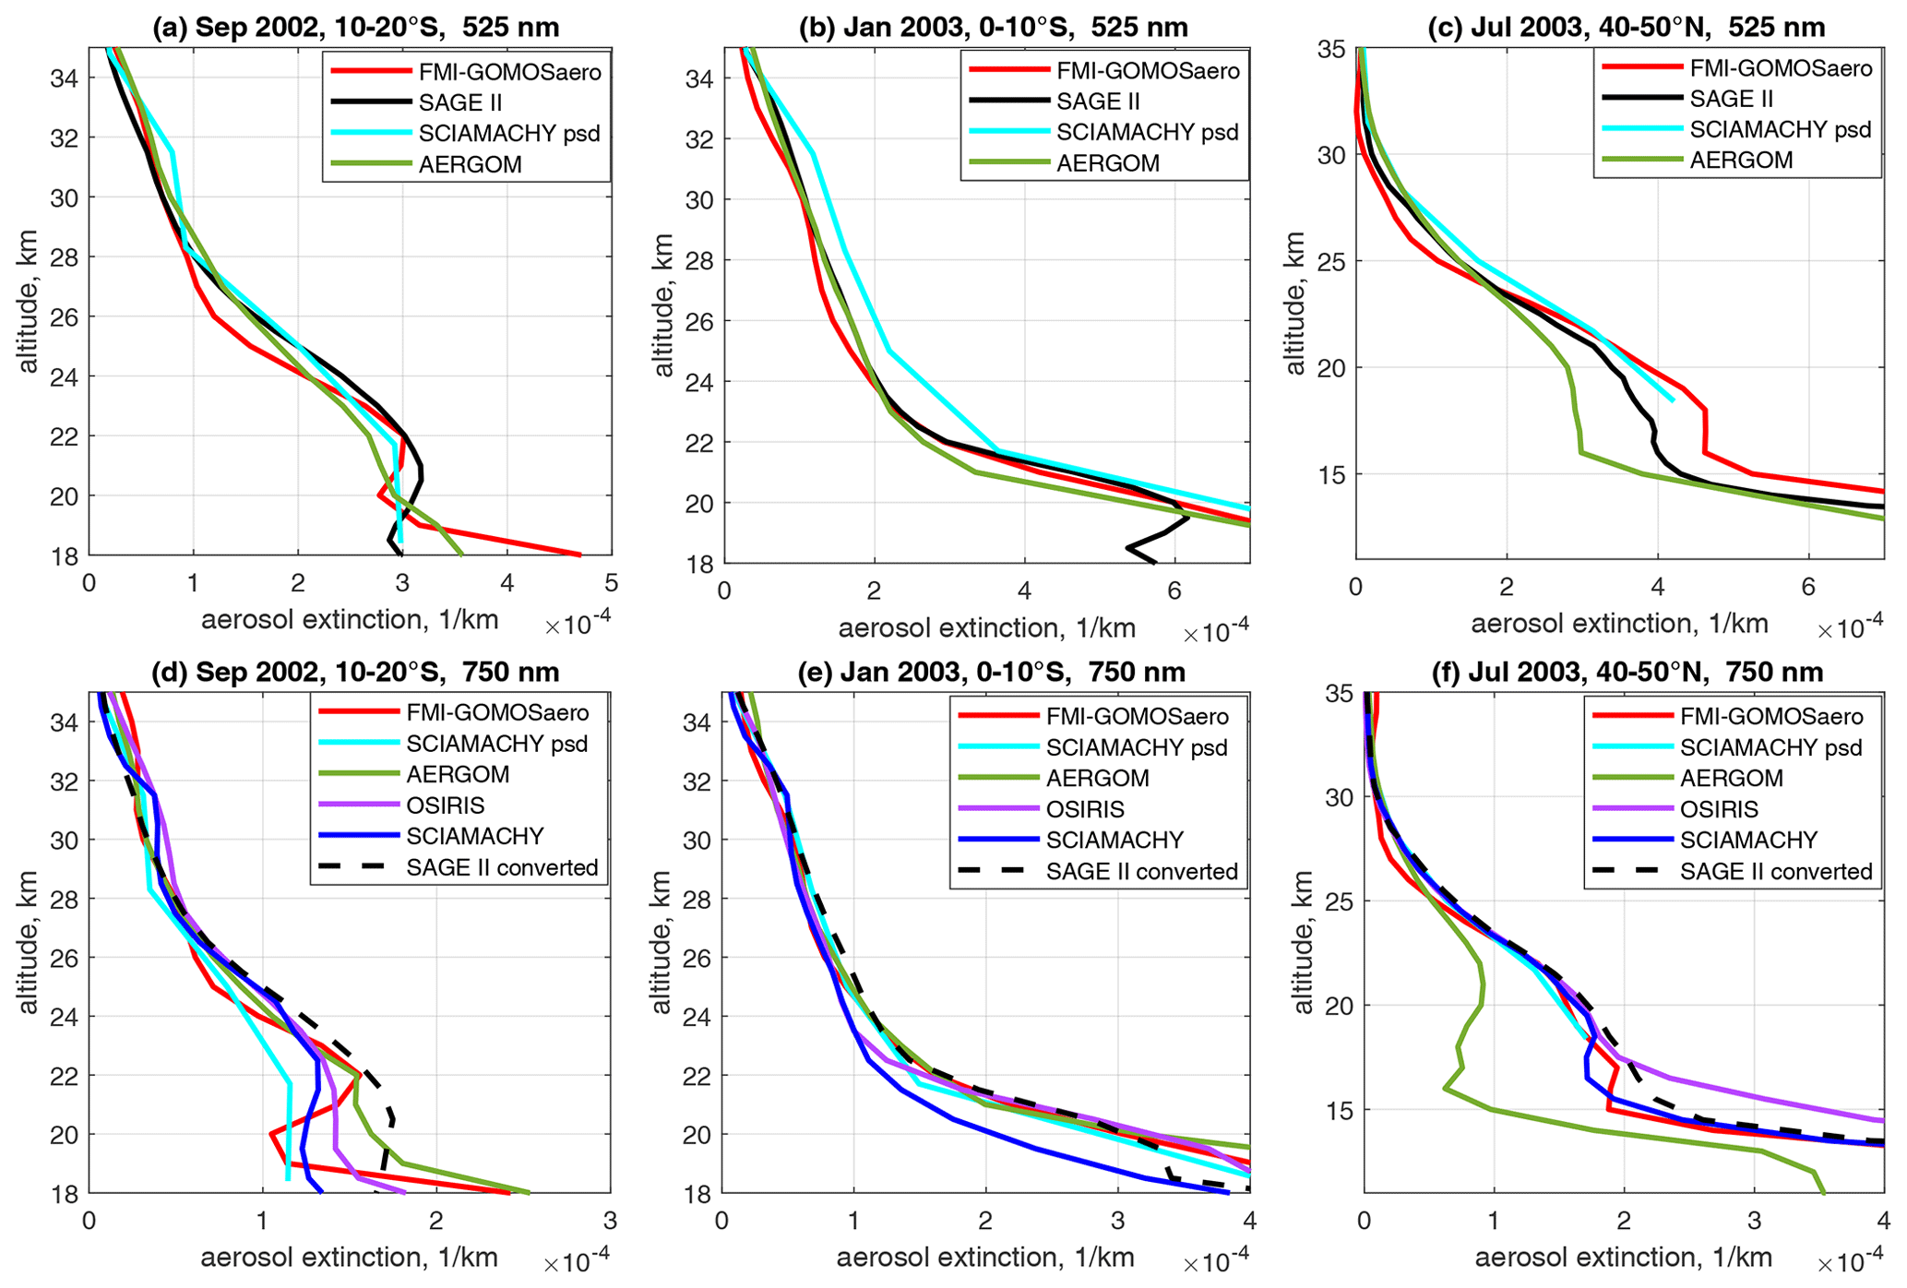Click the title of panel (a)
click(x=355, y=27)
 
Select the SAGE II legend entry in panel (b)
click(x=1102, y=101)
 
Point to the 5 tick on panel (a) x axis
click(x=611, y=584)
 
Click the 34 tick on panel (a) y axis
click(x=69, y=78)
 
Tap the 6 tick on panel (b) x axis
click(x=1174, y=590)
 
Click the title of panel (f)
click(x=1627, y=673)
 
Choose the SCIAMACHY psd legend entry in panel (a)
click(x=509, y=134)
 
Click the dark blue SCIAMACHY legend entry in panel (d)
click(x=474, y=837)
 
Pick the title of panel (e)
click(x=991, y=673)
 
